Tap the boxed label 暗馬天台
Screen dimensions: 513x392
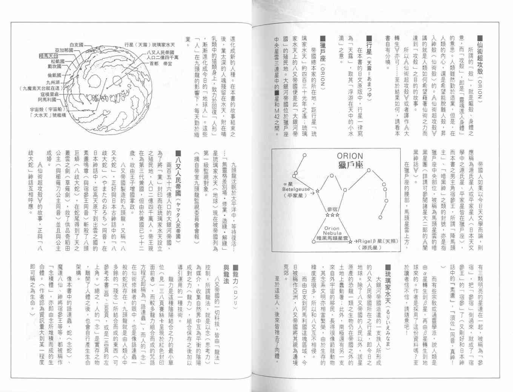click(52, 55)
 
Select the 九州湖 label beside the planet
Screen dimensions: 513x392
click(55, 81)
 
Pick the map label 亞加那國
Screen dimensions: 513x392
click(64, 50)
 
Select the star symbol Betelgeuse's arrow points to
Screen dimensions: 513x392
click(318, 192)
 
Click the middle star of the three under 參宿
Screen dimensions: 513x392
click(332, 215)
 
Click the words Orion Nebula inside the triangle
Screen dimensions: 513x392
click(332, 231)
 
